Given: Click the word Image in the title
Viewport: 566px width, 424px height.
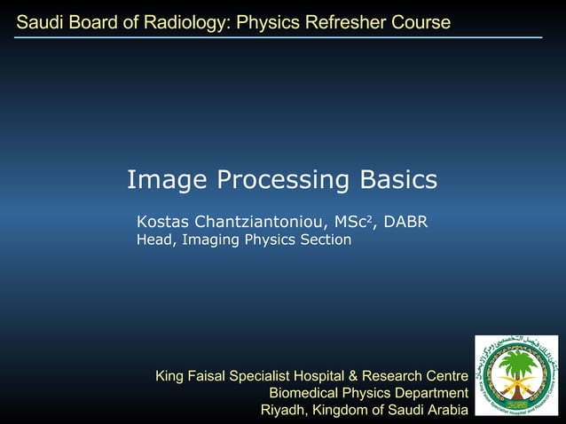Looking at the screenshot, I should pos(161,180).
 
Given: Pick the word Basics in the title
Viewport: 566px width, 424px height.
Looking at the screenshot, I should pos(398,180).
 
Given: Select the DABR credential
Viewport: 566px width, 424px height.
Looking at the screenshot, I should pos(406,221).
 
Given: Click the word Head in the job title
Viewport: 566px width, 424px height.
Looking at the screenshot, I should pos(153,239).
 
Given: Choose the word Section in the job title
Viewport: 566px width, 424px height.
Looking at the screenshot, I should pos(325,239).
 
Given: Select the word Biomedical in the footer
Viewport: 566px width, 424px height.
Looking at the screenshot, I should pos(304,393).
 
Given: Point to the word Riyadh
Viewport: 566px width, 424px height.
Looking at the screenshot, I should pos(283,410).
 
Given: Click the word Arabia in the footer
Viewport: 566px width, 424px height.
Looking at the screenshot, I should pos(445,410).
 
